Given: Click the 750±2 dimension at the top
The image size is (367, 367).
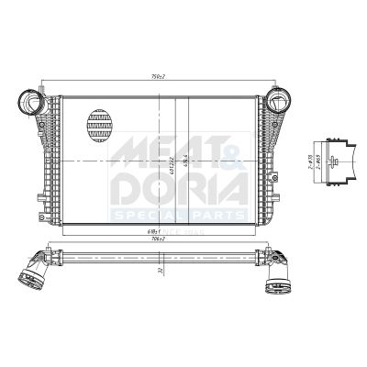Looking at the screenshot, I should pyautogui.click(x=158, y=77).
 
